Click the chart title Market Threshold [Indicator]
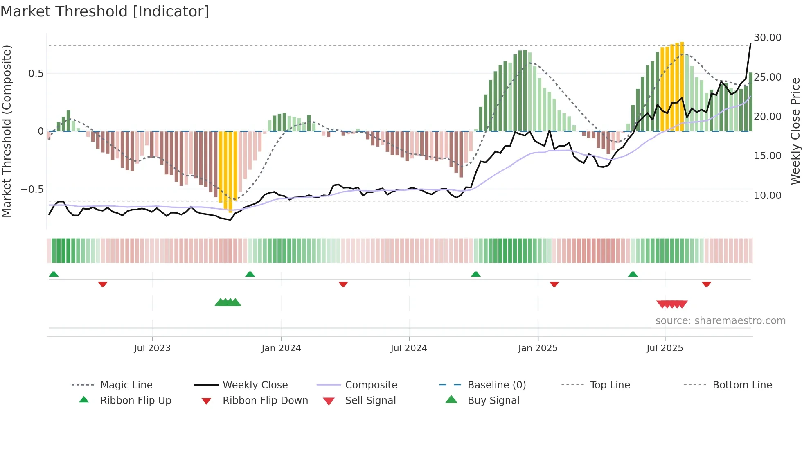tap(105, 11)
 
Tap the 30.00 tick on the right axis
tap(767, 38)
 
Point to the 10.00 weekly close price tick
tap(767, 196)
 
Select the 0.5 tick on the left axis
tap(36, 74)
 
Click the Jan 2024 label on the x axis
tap(281, 348)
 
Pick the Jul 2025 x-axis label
tap(665, 348)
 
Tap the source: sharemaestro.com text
tap(720, 321)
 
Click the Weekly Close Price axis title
tap(795, 131)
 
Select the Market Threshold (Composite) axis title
tap(7, 131)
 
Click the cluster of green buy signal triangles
tap(228, 302)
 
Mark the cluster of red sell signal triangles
tap(672, 304)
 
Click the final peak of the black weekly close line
tap(750, 43)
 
